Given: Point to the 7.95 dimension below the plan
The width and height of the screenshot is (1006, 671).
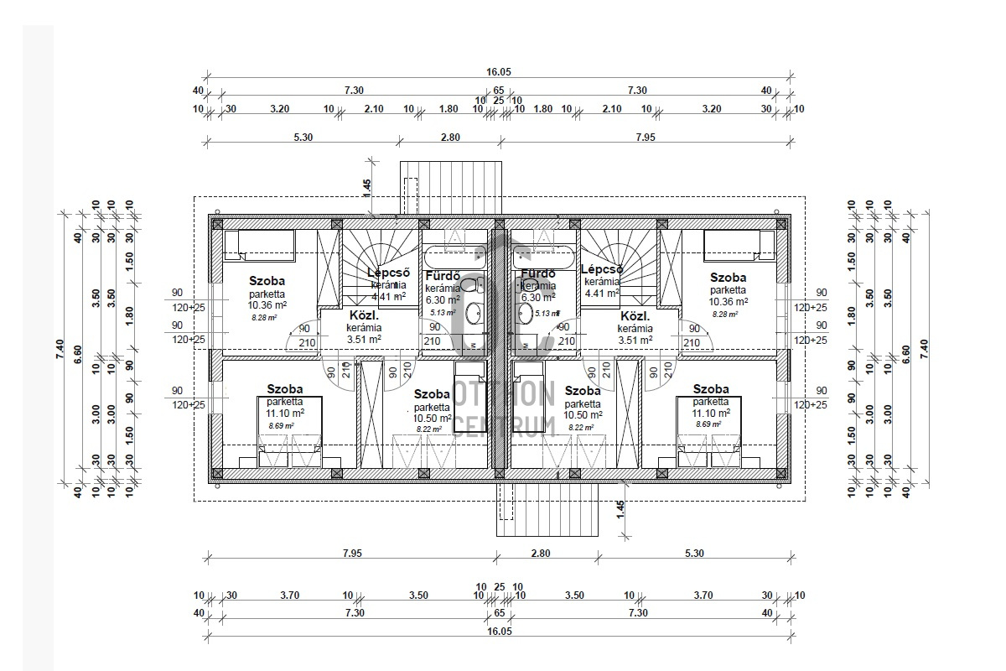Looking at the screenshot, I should click(351, 553).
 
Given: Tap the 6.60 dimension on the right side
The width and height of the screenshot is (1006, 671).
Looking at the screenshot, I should click(905, 345).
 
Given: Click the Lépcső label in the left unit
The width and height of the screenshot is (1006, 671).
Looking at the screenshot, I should click(388, 272).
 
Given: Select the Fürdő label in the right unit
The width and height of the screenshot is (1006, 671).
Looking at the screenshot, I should click(538, 274).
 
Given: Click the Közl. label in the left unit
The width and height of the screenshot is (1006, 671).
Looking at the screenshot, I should click(364, 316).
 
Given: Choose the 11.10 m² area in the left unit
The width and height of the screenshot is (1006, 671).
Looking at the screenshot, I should click(284, 413).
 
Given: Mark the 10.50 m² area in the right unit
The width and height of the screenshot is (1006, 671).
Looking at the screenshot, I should click(583, 414).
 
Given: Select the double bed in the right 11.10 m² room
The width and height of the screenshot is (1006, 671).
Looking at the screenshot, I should click(709, 432).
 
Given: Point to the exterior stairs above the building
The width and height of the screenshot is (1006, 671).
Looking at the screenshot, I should click(450, 189).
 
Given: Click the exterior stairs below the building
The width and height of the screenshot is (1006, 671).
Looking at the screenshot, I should click(549, 508).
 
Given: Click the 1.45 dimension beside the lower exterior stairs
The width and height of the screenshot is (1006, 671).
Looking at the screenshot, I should click(620, 510).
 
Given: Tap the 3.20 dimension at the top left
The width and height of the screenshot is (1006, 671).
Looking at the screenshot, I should click(279, 108).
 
